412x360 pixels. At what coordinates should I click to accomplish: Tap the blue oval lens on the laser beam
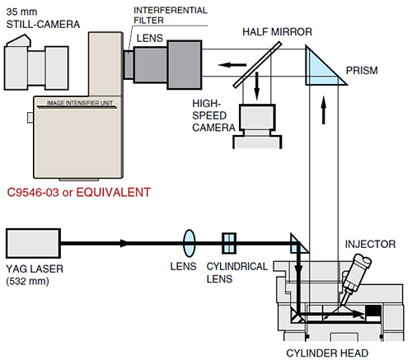(x=189, y=244)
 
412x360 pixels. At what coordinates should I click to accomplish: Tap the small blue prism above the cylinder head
(x=297, y=245)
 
